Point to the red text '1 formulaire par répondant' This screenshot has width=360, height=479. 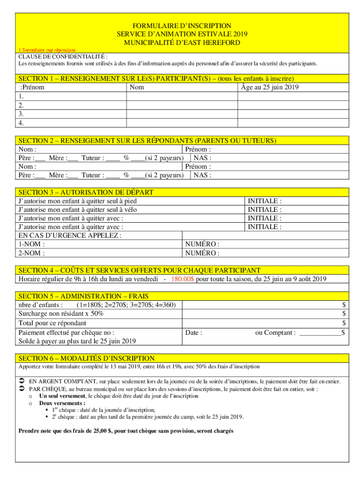[x=47, y=49]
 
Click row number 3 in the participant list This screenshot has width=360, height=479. [x=21, y=114]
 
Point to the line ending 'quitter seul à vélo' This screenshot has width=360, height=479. [x=78, y=210]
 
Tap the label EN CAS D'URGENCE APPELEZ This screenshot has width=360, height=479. [x=70, y=235]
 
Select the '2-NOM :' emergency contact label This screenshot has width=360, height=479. [x=32, y=253]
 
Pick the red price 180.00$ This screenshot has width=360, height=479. [x=183, y=279]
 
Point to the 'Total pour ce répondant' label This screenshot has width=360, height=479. [x=52, y=323]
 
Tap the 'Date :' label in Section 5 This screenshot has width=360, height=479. [x=194, y=333]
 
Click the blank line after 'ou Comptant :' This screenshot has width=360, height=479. [x=320, y=333]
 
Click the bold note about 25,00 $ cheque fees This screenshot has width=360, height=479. [x=126, y=431]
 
